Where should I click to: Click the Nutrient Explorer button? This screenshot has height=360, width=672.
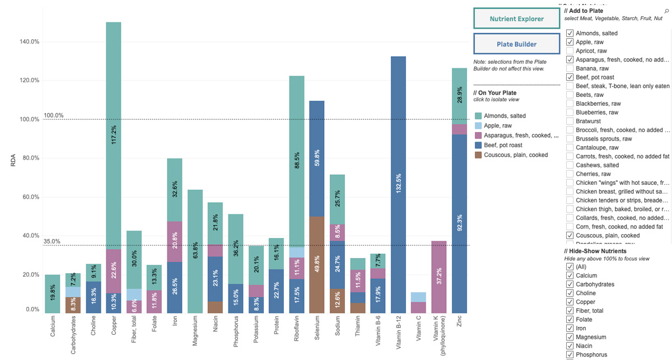click(x=516, y=18)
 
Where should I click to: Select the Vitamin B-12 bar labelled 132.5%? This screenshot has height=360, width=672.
click(x=398, y=184)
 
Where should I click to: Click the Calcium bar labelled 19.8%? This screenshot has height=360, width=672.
click(x=52, y=293)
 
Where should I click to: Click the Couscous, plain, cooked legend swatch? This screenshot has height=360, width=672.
click(x=478, y=155)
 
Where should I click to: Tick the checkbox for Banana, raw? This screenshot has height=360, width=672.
click(x=570, y=68)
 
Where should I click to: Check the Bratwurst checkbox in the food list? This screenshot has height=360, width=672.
click(x=570, y=121)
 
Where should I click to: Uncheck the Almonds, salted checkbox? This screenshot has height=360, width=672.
click(x=570, y=33)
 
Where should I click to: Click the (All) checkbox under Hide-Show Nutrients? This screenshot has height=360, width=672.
click(x=570, y=267)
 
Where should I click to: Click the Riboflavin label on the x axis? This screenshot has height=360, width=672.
click(x=297, y=333)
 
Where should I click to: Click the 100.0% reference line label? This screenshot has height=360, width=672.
click(x=54, y=115)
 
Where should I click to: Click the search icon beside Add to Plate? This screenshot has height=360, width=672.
click(x=666, y=11)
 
